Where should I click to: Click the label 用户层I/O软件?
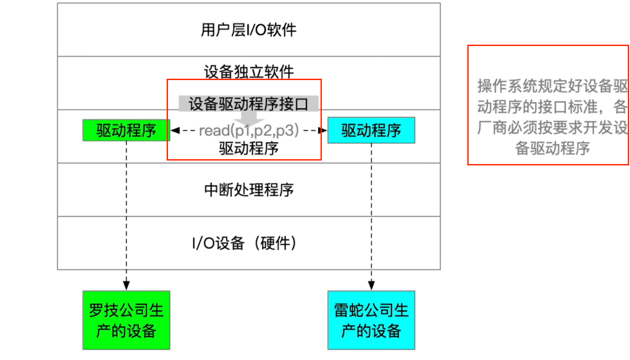pos(248,30)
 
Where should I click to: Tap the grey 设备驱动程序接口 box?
pos(248,104)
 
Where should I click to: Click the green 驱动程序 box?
pos(126,130)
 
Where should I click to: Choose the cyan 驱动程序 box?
pos(371,130)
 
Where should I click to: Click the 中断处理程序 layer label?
pos(248,190)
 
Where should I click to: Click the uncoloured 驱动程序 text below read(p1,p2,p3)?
pos(248,149)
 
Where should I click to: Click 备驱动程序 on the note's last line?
pos(553,149)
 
